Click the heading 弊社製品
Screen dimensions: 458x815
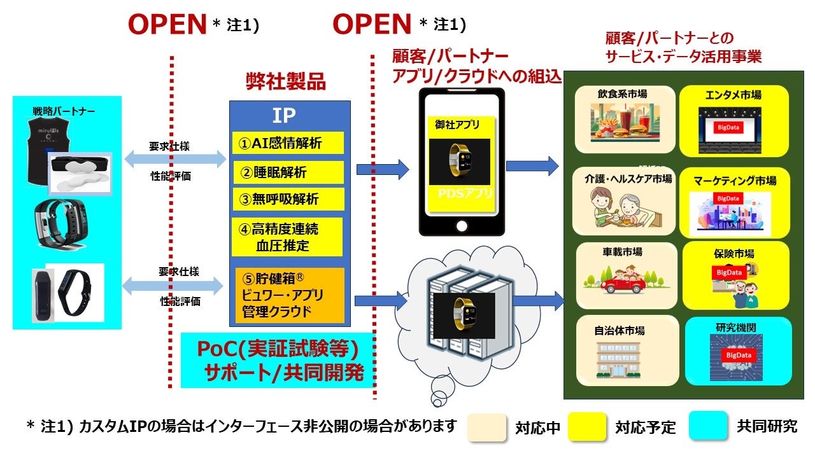[286, 81]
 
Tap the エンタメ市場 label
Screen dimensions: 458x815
[733, 95]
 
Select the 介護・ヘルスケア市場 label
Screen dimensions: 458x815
[627, 179]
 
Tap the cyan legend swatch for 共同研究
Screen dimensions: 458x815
[707, 426]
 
